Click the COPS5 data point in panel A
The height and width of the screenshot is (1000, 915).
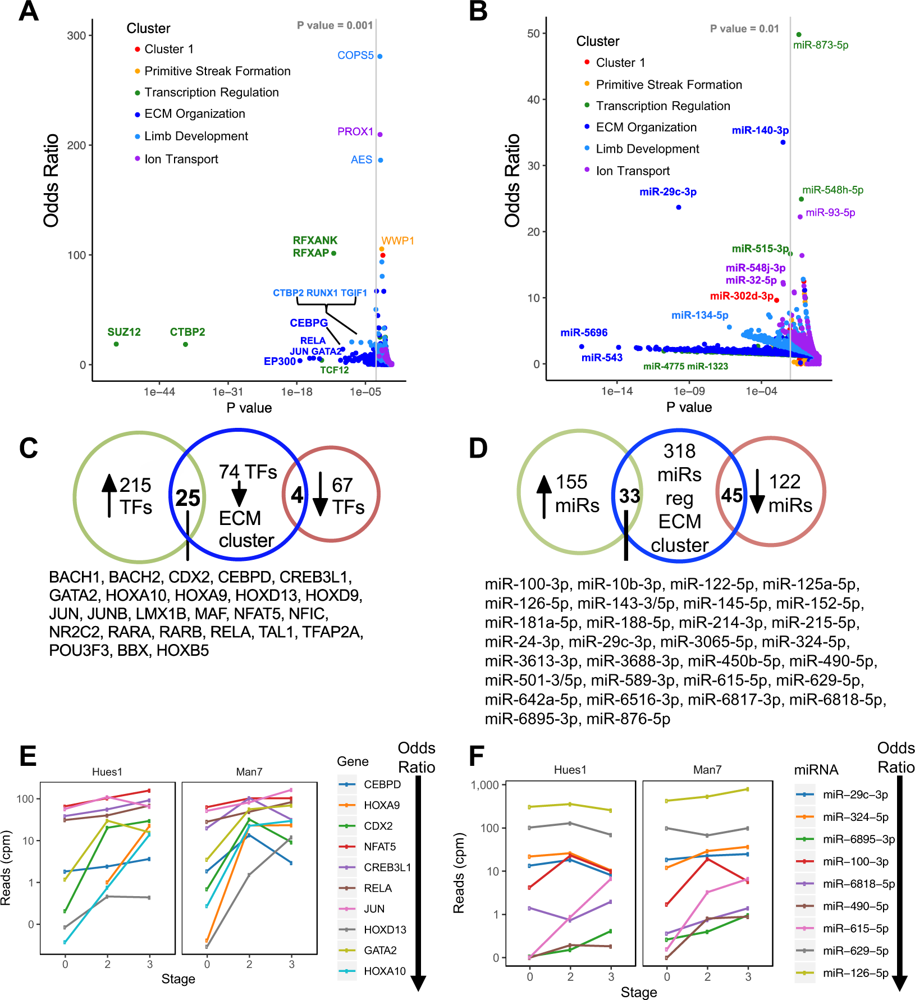380,56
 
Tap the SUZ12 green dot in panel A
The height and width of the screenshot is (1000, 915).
116,344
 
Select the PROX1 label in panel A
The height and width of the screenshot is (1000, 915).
355,131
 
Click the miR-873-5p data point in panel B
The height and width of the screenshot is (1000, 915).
799,35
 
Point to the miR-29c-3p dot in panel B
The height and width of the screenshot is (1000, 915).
679,207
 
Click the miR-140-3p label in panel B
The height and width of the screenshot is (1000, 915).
760,130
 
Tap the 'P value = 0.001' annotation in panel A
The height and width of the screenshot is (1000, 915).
335,25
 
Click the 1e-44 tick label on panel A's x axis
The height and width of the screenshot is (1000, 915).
159,392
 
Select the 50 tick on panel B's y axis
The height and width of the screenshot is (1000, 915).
533,34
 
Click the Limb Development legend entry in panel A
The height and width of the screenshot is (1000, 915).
196,136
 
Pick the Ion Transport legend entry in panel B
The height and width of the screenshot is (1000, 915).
633,171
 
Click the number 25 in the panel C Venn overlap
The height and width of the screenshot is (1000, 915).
187,497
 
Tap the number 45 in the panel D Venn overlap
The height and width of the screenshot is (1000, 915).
731,495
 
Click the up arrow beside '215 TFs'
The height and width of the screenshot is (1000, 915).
109,494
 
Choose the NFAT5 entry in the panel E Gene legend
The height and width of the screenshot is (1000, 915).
379,846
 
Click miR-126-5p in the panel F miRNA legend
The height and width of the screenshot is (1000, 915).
855,972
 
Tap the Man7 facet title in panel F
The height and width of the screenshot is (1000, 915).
707,770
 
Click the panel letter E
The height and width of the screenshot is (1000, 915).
28,756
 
